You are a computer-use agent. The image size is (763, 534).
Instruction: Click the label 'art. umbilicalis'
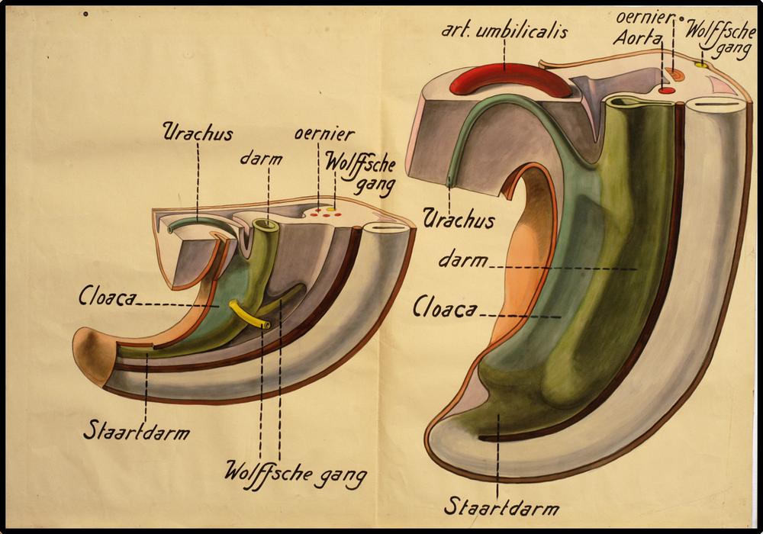click(x=504, y=32)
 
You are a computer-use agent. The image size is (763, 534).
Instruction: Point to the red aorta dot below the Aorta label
click(x=666, y=91)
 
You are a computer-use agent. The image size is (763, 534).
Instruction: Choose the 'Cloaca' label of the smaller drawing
click(x=108, y=297)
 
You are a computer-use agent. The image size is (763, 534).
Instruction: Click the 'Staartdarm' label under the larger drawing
click(x=503, y=506)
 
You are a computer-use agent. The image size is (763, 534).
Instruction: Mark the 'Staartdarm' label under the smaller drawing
click(x=137, y=431)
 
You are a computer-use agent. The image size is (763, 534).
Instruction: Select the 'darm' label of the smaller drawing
click(x=261, y=159)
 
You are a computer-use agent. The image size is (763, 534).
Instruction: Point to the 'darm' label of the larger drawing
click(x=462, y=260)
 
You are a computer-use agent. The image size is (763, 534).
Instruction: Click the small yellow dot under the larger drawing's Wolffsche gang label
click(x=701, y=66)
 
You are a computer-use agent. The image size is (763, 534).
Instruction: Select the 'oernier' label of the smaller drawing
click(x=324, y=135)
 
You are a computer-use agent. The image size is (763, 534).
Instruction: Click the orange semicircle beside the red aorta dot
click(x=675, y=75)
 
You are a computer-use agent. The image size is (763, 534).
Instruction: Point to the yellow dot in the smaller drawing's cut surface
click(x=330, y=208)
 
